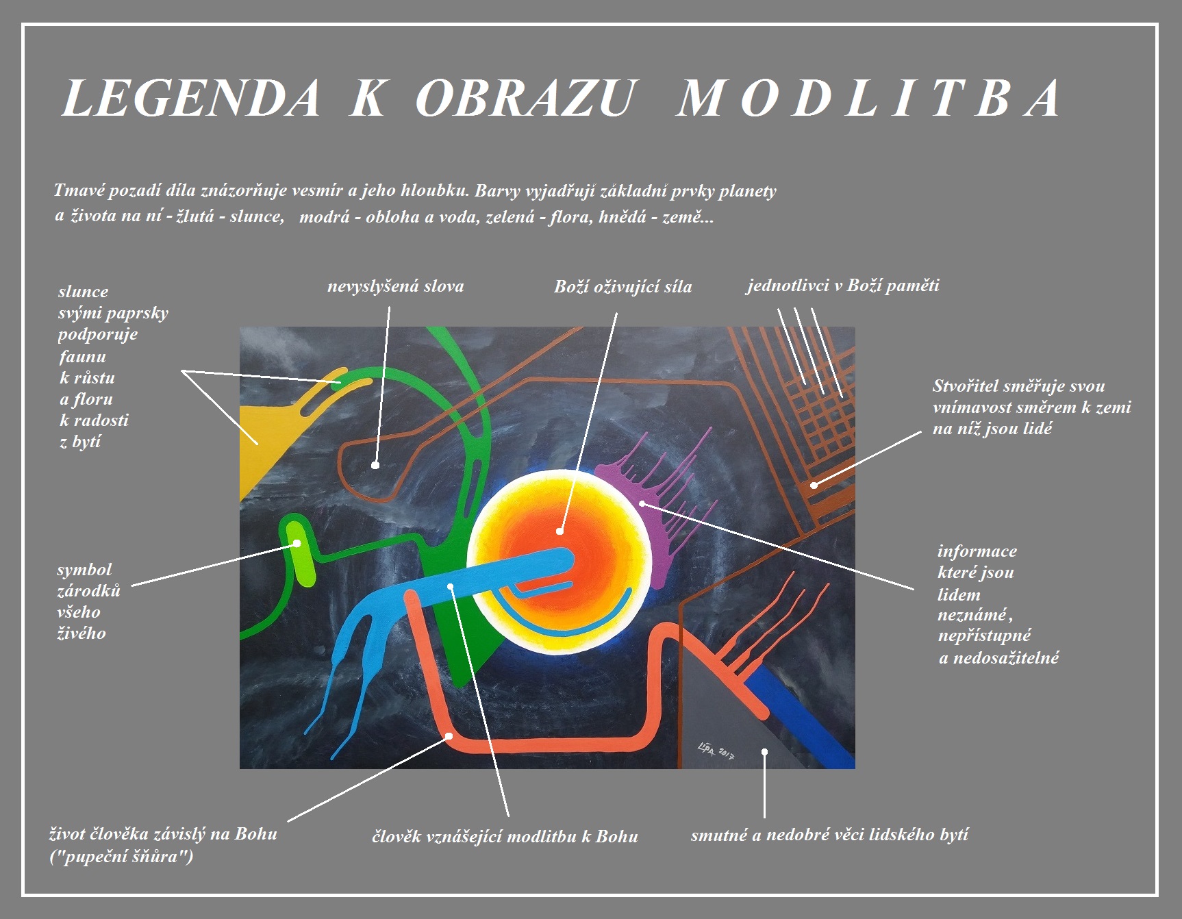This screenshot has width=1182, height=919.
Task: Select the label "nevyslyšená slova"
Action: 395,287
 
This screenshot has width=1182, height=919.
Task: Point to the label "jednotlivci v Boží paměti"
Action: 843,286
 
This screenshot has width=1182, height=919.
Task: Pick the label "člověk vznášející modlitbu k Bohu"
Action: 505,836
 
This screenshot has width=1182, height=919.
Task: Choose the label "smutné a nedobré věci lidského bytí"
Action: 829,835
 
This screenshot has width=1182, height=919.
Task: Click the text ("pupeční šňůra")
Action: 121,857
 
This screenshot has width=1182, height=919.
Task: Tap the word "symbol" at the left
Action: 84,570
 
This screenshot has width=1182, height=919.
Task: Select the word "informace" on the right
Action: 977,551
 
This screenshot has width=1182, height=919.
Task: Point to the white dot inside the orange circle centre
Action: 559,531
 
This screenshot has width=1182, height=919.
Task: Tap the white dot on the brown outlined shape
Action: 375,466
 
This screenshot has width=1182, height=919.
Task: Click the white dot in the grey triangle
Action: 764,751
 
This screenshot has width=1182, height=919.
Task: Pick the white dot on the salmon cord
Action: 449,736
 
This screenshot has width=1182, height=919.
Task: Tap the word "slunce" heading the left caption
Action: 83,292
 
